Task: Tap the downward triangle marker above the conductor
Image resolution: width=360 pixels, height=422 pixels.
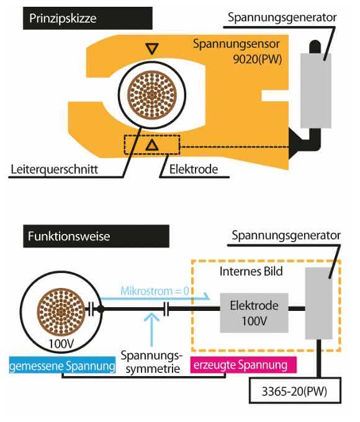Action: tap(152, 49)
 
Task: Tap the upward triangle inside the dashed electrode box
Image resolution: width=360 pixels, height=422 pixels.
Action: tap(152, 145)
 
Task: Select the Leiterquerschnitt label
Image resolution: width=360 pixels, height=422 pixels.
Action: tap(54, 169)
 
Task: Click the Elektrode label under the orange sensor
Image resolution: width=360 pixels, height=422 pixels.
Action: tap(194, 169)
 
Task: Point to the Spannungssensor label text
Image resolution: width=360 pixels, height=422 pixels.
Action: tap(236, 44)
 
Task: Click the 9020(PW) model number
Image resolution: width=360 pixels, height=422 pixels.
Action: tap(257, 59)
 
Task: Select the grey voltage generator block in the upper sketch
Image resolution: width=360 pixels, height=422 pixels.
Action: tap(315, 91)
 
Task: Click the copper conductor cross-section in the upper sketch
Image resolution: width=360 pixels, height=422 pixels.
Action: tap(152, 95)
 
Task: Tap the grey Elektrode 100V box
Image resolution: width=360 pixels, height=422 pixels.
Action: tap(254, 313)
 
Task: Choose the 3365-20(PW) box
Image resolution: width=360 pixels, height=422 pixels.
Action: tap(295, 391)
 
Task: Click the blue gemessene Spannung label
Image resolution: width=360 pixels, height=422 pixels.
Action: tap(63, 366)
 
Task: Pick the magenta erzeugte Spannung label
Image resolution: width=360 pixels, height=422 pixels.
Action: tap(243, 365)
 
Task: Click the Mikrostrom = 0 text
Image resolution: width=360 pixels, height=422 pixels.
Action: tap(155, 291)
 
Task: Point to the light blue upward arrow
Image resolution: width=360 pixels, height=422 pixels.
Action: tap(152, 330)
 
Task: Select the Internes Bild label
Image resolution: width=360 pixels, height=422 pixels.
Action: tap(251, 271)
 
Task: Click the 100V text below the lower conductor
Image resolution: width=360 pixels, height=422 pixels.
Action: tap(61, 343)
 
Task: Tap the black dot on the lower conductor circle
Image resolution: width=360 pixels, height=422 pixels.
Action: tap(100, 309)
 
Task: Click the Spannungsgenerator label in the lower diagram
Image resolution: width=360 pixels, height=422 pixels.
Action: tap(286, 235)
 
